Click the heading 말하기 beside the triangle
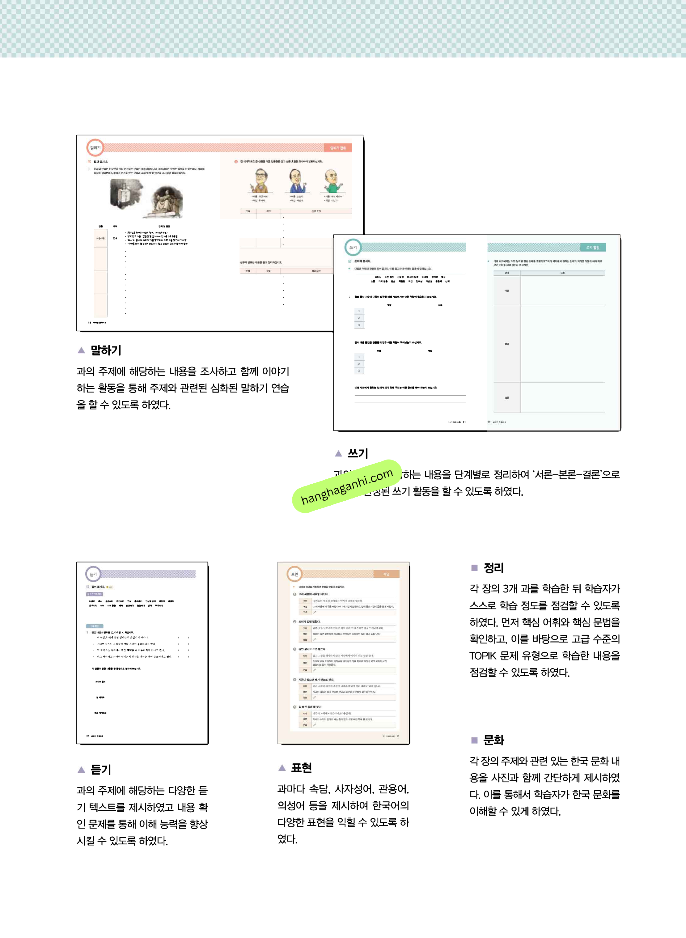tap(106, 350)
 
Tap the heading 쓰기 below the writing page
tap(358, 453)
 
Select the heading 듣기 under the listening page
tap(101, 770)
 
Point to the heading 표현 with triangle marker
tap(302, 767)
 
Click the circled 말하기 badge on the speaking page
tap(95, 148)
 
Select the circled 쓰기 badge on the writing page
tap(353, 248)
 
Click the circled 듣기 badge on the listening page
tap(93, 574)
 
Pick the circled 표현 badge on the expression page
tap(295, 574)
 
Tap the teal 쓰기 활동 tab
tap(593, 248)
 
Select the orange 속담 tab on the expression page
tap(386, 574)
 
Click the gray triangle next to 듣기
tap(81, 770)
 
